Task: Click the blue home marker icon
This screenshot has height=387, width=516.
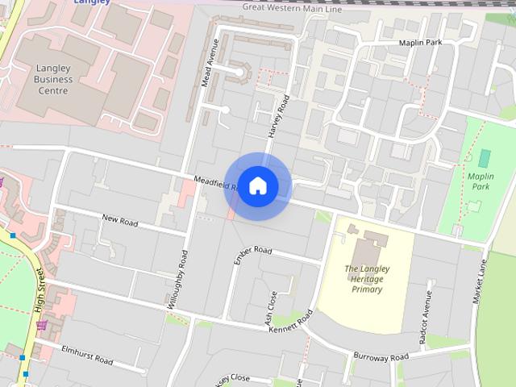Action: pos(257,186)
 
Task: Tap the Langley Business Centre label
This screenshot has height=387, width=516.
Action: pos(54,79)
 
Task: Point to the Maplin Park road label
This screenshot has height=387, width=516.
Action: pos(421,42)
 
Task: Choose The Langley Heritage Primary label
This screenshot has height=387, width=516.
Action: pos(363,278)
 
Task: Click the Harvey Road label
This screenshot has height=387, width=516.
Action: pos(278,117)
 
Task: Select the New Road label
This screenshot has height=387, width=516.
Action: pos(121,218)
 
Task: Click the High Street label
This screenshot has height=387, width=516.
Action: pos(40,290)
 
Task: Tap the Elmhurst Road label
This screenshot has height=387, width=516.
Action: pos(85,356)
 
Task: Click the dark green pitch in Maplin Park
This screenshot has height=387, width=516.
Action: pos(484,157)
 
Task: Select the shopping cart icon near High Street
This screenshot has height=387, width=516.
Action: pos(41,326)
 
